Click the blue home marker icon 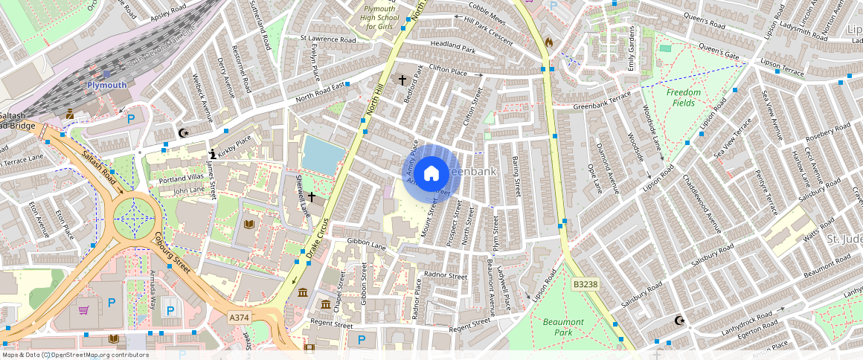tap(431, 173)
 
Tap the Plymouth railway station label tap(107, 85)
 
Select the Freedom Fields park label tap(683, 97)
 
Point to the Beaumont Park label tap(563, 327)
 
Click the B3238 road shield tap(585, 284)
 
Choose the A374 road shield tap(239, 318)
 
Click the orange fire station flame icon tap(549, 43)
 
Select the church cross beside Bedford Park tap(402, 80)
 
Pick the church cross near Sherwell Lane tap(312, 196)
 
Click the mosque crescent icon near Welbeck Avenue tap(184, 133)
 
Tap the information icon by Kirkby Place tap(214, 154)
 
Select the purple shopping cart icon tap(84, 310)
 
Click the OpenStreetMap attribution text tap(75, 355)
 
